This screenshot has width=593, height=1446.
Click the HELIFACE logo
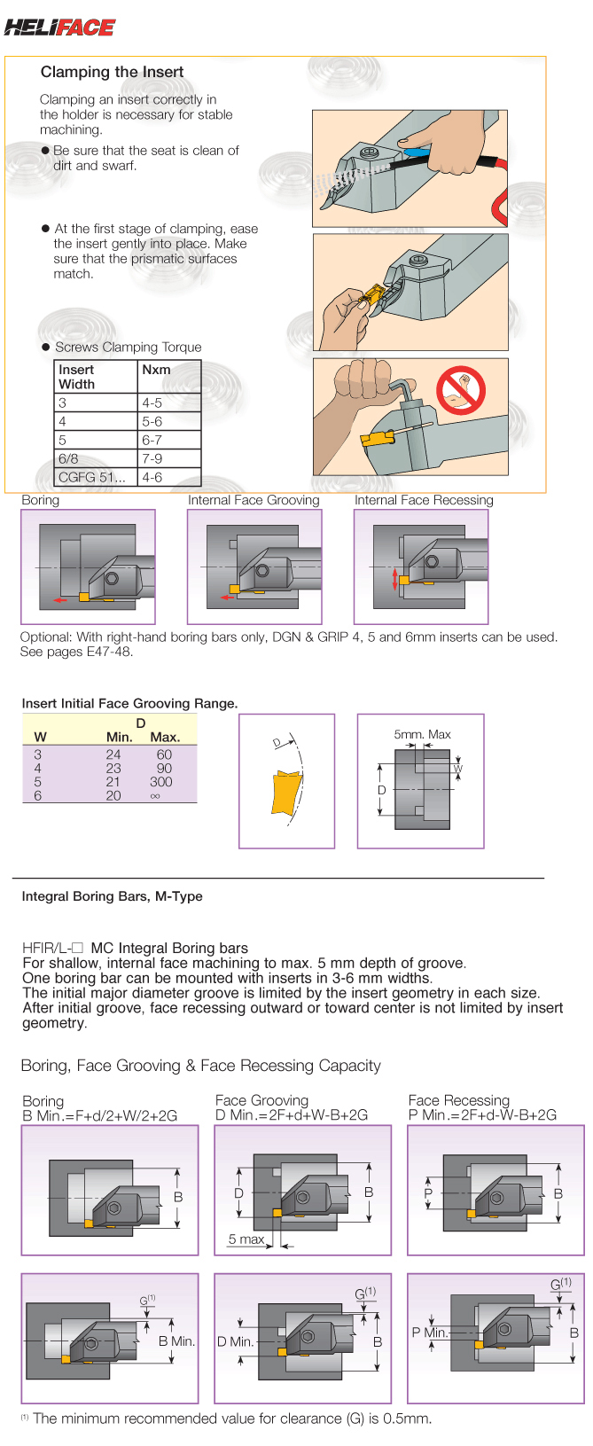(x=59, y=27)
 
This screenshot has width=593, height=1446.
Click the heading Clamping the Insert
(x=112, y=72)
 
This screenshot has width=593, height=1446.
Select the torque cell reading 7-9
(x=152, y=458)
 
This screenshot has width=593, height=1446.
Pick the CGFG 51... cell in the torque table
(x=92, y=477)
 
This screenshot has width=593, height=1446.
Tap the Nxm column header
(x=156, y=370)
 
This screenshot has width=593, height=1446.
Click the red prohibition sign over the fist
(x=461, y=391)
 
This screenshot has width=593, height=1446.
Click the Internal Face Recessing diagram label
(x=424, y=500)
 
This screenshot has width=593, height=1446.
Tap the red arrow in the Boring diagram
(x=60, y=600)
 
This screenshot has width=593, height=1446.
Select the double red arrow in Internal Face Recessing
(x=395, y=581)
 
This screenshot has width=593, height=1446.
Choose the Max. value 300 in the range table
(x=161, y=782)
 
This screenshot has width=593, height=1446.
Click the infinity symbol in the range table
(x=156, y=796)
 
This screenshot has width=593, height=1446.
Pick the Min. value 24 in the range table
(x=113, y=754)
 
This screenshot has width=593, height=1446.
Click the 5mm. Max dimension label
(x=422, y=734)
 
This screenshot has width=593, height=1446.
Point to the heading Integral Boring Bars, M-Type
(x=112, y=896)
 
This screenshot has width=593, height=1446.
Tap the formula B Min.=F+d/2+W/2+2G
(x=99, y=1115)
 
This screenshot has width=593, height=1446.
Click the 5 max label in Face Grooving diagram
(x=246, y=1239)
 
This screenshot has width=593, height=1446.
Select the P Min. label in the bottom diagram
(x=429, y=1333)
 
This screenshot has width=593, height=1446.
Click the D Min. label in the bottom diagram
(x=235, y=1341)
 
